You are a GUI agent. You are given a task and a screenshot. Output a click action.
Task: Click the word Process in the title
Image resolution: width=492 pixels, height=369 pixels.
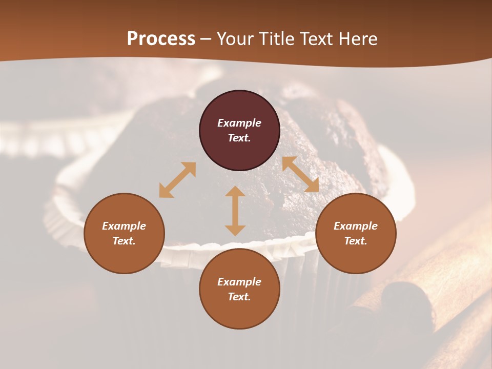161,39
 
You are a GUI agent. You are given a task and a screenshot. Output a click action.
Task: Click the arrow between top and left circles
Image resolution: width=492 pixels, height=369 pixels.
177,180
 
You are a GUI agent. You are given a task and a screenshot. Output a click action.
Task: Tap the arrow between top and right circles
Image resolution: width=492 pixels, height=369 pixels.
300,174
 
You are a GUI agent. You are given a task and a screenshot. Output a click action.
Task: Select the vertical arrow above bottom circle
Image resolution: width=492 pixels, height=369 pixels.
235,211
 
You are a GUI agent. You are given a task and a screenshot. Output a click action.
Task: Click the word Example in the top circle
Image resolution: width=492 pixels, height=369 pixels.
239,123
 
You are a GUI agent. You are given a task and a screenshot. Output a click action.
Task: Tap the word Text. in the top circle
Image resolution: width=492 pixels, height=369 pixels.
239,138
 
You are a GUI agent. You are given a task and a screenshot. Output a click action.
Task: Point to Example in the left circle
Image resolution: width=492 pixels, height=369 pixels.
124,226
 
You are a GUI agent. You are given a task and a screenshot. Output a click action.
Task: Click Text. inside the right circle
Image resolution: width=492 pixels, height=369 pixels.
356,241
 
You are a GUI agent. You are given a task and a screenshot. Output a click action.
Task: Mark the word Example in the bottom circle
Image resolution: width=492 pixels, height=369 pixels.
239,282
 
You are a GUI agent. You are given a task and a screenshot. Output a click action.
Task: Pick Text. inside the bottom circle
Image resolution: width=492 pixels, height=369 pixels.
239,297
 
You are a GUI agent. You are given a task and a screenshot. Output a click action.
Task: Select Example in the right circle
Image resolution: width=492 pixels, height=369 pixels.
356,226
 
